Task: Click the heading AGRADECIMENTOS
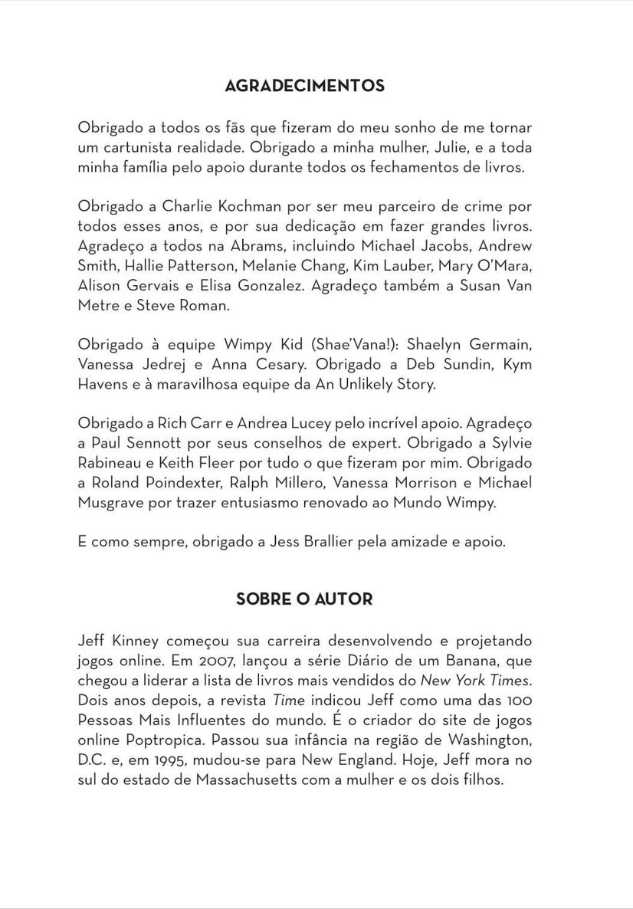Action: coord(304,86)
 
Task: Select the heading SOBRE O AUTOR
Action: coord(304,599)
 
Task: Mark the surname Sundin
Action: coord(469,365)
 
